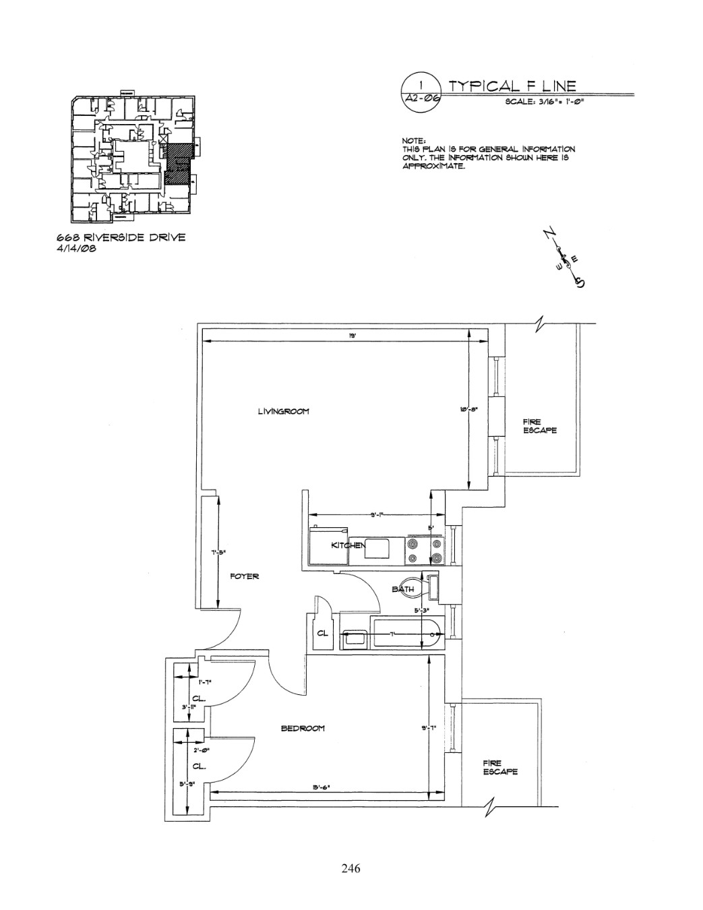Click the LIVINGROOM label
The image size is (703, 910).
pos(283,411)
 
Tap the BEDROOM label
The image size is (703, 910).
pos(303,728)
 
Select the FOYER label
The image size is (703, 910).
pos(244,576)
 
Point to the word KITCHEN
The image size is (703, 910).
pos(348,545)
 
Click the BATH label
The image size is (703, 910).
pos(403,589)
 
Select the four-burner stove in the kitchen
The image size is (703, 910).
pos(425,550)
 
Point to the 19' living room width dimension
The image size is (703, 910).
pos(353,337)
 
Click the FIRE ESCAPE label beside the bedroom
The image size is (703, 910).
pos(500,767)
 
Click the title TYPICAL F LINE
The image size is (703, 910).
pos(512,86)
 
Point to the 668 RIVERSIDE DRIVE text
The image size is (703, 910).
pos(121,237)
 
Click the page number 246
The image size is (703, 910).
pos(350,868)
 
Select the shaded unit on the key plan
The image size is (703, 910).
pos(178,164)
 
